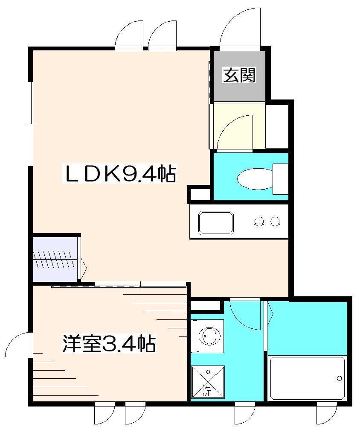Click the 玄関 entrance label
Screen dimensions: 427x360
tap(239, 76)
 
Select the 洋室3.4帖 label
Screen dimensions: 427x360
tap(109, 344)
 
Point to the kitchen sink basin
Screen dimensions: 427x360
tap(216, 222)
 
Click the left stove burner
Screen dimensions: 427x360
tap(258, 221)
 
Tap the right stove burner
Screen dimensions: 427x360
tap(276, 221)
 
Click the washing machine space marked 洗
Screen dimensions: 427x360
tap(207, 382)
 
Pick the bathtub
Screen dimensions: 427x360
tap(307, 378)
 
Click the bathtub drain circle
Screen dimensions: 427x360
tap(339, 378)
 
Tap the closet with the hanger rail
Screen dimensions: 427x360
tap(55, 258)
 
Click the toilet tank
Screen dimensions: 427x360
tap(280, 178)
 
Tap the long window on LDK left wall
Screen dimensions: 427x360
tap(30, 123)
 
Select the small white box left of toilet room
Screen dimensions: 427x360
tap(199, 193)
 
